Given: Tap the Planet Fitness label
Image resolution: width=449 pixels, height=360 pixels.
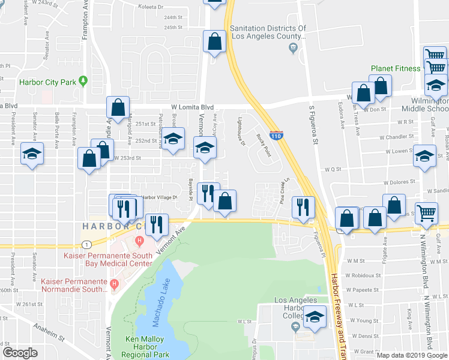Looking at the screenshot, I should pyautogui.click(x=395, y=68).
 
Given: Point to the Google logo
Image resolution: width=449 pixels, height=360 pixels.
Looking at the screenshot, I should pyautogui.click(x=20, y=353).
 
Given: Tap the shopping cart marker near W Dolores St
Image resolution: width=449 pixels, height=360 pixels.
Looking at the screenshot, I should pyautogui.click(x=426, y=212).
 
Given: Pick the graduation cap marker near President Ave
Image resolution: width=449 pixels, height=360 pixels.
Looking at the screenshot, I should pyautogui.click(x=32, y=154).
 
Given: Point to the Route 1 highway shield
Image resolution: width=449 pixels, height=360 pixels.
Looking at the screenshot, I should pyautogui.click(x=88, y=244).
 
